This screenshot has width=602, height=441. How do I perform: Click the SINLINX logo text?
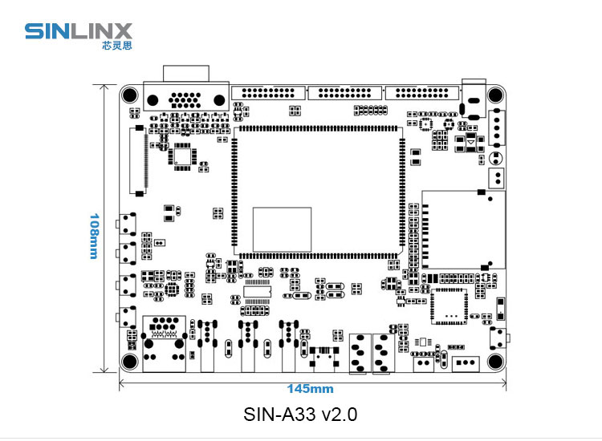pyautogui.click(x=77, y=31)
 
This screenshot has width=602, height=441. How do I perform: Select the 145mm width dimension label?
pyautogui.click(x=310, y=389)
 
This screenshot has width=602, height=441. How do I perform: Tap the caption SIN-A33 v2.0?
pyautogui.click(x=300, y=415)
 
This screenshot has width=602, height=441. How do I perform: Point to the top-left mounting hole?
pyautogui.click(x=131, y=94)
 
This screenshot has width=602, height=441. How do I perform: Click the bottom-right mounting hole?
pyautogui.click(x=495, y=362)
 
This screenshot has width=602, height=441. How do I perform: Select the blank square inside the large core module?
pyautogui.click(x=282, y=229)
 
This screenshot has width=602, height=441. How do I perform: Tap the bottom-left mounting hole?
pyautogui.click(x=131, y=362)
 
